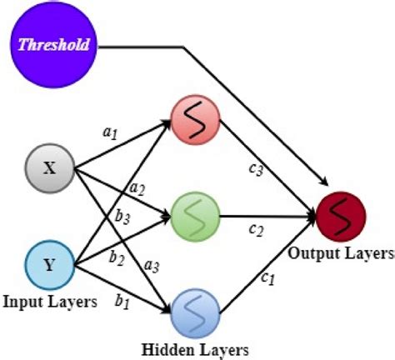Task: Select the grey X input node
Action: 50,168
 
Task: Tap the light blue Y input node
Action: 50,265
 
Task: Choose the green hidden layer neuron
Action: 195,218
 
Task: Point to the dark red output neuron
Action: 341,218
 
